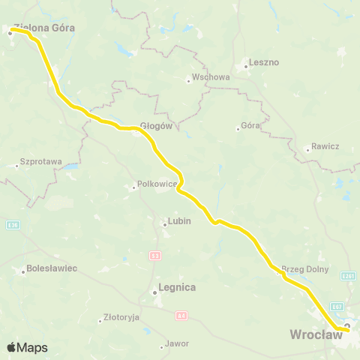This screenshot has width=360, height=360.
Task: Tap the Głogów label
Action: (157, 127)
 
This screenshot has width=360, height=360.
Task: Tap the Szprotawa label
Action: (40, 161)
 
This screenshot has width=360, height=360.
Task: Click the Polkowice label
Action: (156, 184)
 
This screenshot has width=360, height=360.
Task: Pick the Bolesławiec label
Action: (52, 268)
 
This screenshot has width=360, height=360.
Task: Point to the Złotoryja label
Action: (121, 317)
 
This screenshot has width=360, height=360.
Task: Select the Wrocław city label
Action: (316, 334)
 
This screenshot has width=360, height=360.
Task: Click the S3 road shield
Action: (154, 255)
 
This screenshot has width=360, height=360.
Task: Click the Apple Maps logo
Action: (27, 347)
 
